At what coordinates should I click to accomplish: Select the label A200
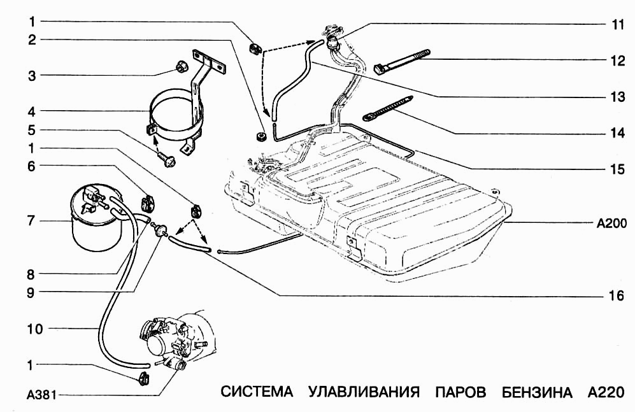(x=612, y=224)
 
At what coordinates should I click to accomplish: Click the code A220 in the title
(x=603, y=391)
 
